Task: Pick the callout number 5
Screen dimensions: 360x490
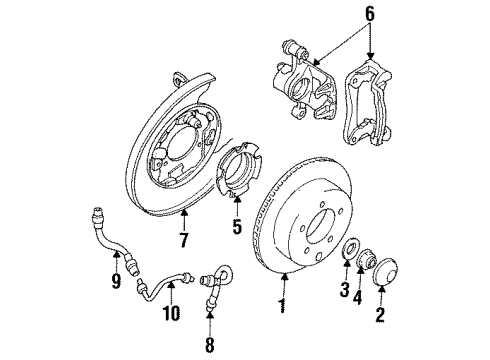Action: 237,227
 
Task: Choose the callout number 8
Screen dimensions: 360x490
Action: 210,346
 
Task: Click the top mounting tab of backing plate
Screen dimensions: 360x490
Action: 177,79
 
